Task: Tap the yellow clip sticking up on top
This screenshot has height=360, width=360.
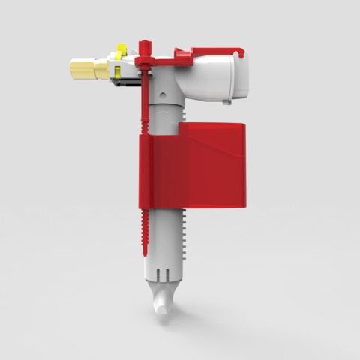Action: (x=118, y=52)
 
